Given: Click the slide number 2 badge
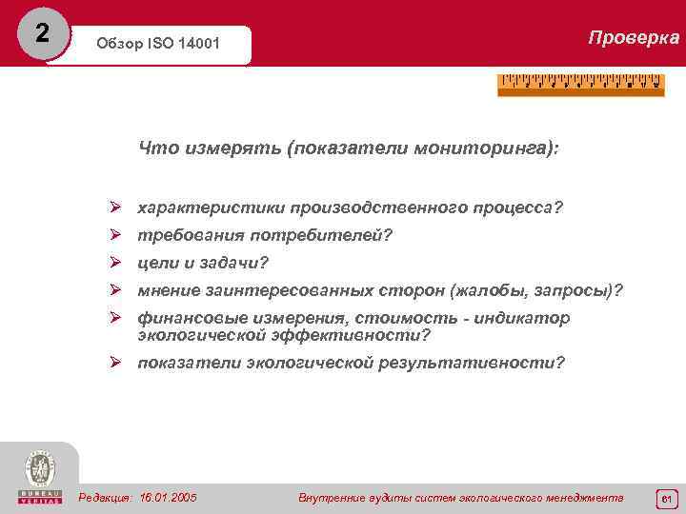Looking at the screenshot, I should [41, 33].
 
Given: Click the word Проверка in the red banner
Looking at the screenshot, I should [634, 38].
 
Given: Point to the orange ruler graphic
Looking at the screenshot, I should [580, 85].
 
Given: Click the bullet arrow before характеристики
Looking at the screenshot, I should [114, 207].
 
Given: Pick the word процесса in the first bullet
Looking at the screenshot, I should [516, 207].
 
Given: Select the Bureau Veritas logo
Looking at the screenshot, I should [40, 476].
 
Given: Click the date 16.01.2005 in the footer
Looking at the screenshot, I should [168, 498].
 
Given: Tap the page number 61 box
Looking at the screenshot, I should [666, 499].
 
